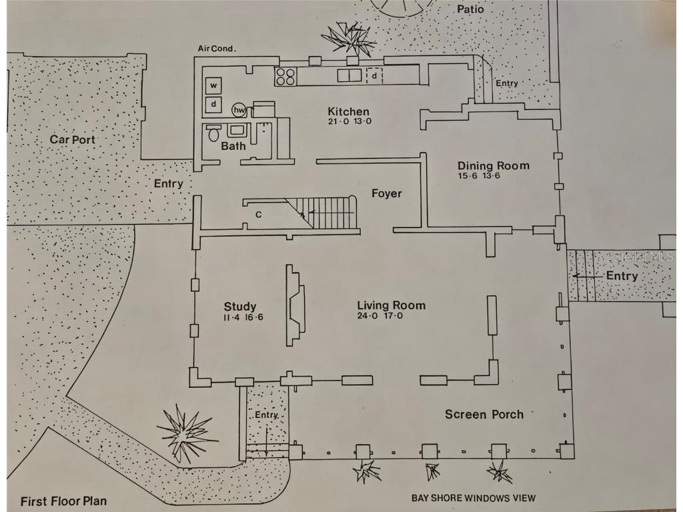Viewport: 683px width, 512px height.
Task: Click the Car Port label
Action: point(72,140)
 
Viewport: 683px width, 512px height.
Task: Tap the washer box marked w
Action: point(214,85)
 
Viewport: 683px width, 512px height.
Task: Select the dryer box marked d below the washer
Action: point(214,105)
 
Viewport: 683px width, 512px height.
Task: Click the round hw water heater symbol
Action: point(238,110)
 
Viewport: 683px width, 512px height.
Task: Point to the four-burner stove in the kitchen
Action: point(286,76)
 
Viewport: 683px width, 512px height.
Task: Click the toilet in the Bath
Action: point(213,133)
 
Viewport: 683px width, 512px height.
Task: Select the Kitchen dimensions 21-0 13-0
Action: point(348,122)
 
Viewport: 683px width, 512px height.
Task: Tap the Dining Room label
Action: point(493,165)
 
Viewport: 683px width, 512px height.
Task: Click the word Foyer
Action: point(386,193)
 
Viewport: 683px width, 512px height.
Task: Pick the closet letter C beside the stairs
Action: point(258,215)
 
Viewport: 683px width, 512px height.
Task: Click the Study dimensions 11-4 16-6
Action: point(243,317)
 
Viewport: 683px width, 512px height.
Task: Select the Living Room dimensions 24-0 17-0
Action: point(390,316)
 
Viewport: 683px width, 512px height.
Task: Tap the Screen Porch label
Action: point(484,415)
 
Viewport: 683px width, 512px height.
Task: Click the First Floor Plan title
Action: point(63,501)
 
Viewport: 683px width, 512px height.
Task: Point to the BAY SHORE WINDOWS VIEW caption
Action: point(474,497)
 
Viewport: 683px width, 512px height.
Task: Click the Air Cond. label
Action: point(218,49)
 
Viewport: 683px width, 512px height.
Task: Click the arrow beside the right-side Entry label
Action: point(586,275)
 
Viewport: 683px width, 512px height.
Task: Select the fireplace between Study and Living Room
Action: point(295,305)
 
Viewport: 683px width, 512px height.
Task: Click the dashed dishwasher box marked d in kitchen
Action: point(375,76)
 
